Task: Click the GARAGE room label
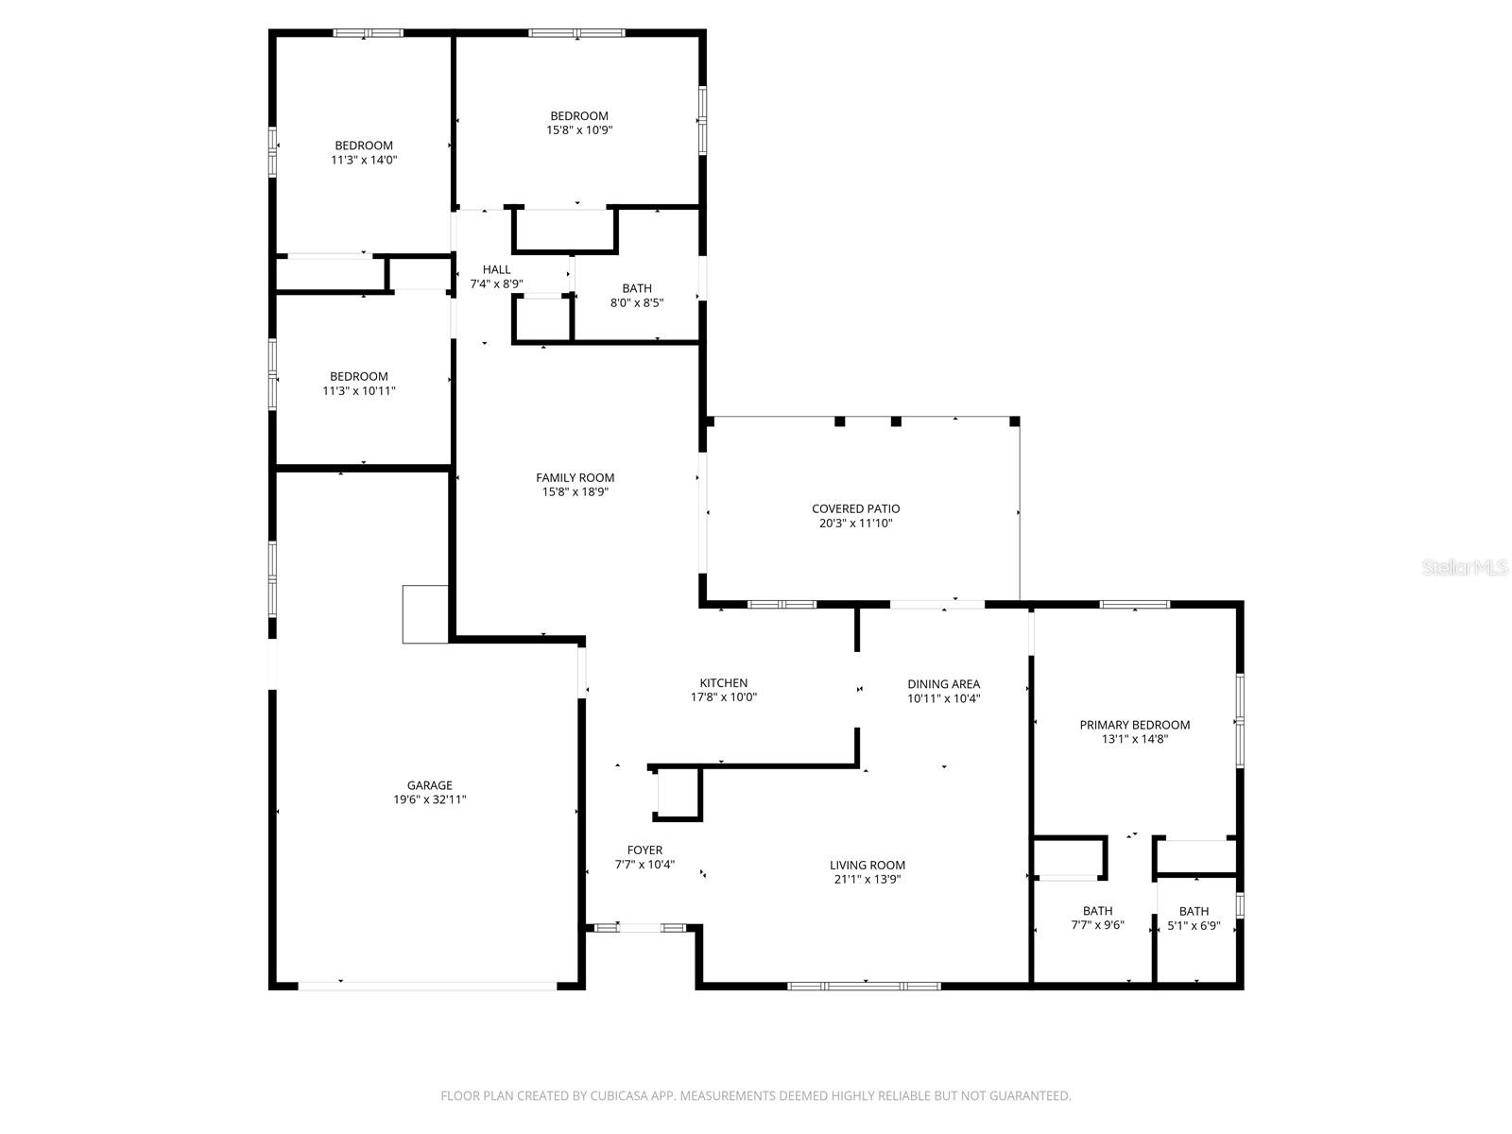coord(429,785)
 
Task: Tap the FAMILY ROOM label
coord(575,478)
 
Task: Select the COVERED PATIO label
coord(855,509)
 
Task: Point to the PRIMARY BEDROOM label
coord(1134,725)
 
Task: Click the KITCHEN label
coord(723,683)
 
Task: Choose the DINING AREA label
coord(943,684)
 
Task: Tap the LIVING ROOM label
coord(867,865)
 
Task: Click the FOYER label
coord(644,850)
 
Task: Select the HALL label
coord(496,270)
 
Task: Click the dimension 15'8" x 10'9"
coord(579,130)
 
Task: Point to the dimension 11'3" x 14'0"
coord(364,160)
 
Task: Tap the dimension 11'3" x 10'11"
coord(359,390)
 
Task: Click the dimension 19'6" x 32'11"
coord(430,799)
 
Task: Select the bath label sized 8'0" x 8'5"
coord(636,288)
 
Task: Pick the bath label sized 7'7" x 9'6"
coord(1097,911)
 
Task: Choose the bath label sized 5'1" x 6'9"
coord(1194,911)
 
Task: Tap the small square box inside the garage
coord(424,614)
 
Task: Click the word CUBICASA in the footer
coord(624,1096)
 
